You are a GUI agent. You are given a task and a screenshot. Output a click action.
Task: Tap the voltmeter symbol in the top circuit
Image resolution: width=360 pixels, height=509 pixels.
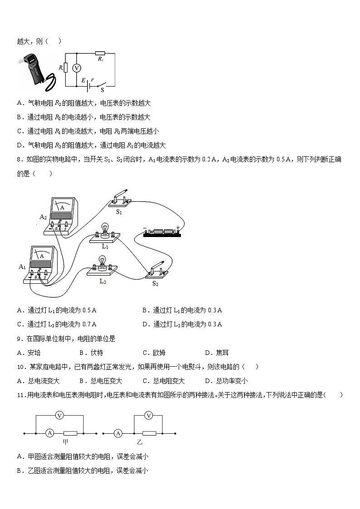click(77, 68)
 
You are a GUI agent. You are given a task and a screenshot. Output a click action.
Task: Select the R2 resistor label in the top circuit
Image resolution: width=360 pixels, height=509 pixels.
click(101, 59)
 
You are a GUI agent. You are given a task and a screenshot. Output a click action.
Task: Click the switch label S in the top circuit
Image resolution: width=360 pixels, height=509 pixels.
click(102, 90)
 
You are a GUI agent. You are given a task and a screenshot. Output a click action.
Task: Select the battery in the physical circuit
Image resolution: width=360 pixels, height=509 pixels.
click(161, 232)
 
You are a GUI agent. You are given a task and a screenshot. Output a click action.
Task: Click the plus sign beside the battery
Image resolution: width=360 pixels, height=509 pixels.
click(178, 227)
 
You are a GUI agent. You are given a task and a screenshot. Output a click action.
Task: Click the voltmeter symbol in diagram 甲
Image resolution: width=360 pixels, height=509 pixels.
click(58, 415)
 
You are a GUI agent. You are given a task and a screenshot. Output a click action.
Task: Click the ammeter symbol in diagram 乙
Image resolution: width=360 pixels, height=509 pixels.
click(118, 433)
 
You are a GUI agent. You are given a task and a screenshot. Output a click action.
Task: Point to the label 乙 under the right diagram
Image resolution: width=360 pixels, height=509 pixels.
click(140, 442)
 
